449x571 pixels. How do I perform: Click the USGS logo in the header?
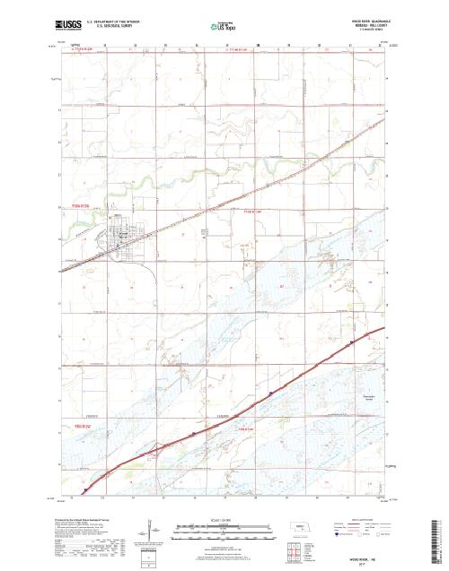click(67, 20)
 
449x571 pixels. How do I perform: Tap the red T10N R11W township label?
click(254, 212)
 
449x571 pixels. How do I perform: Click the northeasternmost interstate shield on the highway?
click(353, 342)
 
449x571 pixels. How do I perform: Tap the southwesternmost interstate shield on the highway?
click(84, 489)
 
